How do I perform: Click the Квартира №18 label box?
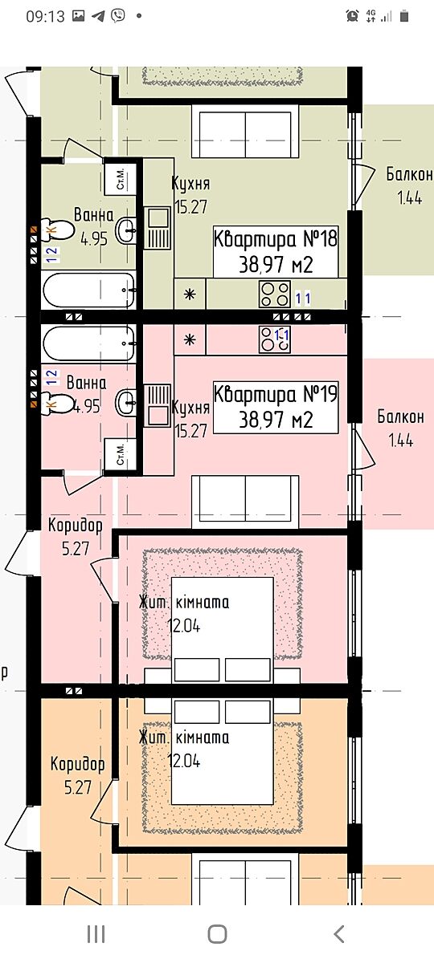pos(276,251)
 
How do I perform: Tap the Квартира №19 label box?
pos(276,407)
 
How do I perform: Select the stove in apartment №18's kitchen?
pos(274,294)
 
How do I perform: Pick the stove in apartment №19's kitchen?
pos(274,339)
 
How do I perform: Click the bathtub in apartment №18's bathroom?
pos(89,291)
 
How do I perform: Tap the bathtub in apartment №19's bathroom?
pos(89,344)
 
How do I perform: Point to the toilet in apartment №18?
pos(57,229)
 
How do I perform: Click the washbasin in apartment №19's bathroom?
pos(126,402)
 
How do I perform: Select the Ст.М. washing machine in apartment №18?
pos(120,179)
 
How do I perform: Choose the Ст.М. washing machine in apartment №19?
pos(120,455)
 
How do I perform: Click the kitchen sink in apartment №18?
pos(158,228)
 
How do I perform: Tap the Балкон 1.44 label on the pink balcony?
pos(401,429)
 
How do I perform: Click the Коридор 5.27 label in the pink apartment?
pos(76,537)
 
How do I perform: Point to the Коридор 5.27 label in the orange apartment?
pos(77,775)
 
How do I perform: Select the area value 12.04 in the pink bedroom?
pos(184,626)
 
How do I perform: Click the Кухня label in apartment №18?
pos(190,184)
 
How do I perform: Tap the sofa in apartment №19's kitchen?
pos(245,502)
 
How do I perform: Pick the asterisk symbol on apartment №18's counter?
pos(190,294)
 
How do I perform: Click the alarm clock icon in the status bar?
pos(352,16)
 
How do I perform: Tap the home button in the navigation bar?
pos(217,934)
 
